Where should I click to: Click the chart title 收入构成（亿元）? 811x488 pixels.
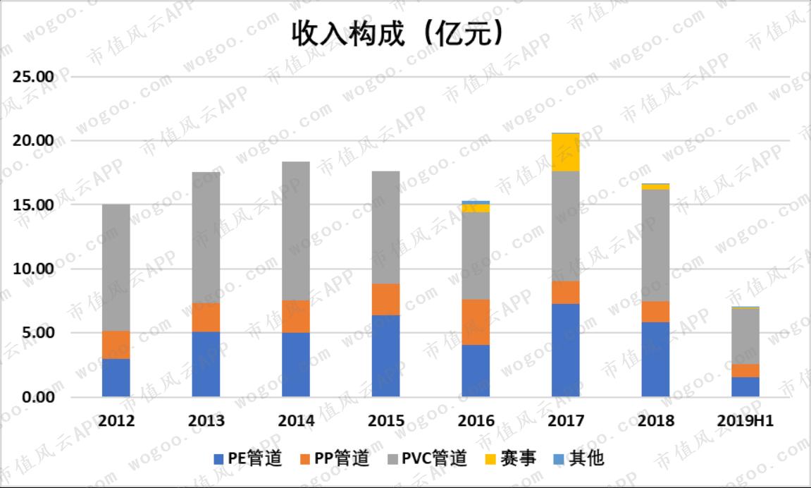[399, 34]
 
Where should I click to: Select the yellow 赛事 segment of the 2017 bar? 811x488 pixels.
[566, 152]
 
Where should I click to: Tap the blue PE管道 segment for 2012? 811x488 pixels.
[116, 378]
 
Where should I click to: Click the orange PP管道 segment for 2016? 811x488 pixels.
[476, 322]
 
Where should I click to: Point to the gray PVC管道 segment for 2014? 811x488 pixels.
[296, 231]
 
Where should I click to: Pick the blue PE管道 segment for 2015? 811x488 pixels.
[386, 356]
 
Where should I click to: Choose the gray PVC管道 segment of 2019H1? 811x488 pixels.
[745, 336]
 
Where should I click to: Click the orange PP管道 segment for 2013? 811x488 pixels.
[206, 318]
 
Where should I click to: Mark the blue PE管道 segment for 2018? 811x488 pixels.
[655, 360]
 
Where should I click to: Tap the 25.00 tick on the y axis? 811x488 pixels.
[34, 76]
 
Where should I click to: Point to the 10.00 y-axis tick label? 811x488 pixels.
[34, 269]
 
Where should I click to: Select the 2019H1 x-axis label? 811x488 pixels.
[745, 421]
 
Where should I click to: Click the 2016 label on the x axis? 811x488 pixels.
[476, 421]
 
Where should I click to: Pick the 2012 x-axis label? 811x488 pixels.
[116, 421]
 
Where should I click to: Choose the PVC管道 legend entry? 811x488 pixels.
[426, 459]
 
